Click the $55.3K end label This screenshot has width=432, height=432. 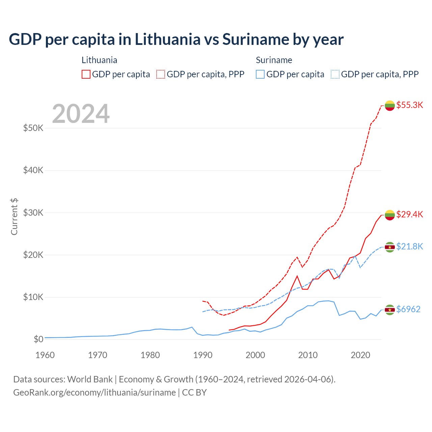[x=409, y=105]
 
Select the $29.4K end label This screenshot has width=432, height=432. [x=409, y=214]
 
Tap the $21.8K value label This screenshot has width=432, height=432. [x=409, y=246]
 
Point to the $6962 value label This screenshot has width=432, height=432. [x=408, y=309]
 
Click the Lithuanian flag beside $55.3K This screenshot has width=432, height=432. [x=390, y=105]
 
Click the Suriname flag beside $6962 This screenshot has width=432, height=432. [x=390, y=309]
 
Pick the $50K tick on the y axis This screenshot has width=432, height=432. [x=33, y=128]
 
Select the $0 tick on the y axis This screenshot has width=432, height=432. [x=38, y=339]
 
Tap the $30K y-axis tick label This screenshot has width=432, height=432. [x=33, y=213]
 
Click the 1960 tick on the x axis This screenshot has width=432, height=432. [x=45, y=355]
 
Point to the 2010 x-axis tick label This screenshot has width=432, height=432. [x=308, y=355]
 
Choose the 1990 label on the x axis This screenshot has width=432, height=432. [x=203, y=355]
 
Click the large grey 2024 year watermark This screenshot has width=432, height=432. [x=81, y=114]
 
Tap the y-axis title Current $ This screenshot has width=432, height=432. [x=14, y=217]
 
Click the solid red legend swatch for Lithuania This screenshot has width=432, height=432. [x=86, y=74]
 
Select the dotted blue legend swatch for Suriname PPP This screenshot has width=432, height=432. [x=335, y=74]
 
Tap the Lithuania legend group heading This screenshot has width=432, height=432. [x=99, y=60]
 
